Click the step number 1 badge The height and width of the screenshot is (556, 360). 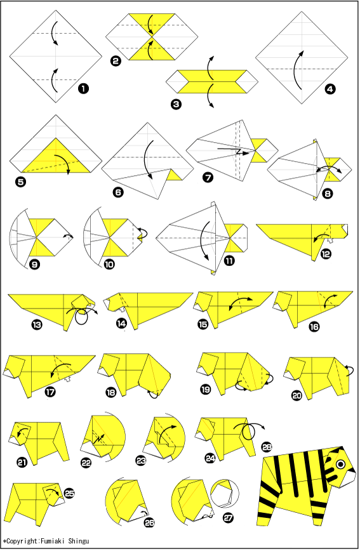tap(83, 89)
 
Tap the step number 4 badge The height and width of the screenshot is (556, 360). tap(330, 89)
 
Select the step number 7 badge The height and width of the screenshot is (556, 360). tap(208, 177)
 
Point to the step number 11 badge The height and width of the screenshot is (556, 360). tap(229, 261)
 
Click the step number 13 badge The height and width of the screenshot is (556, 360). tap(37, 324)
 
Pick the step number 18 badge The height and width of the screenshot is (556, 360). tap(110, 392)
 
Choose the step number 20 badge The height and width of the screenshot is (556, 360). tap(297, 395)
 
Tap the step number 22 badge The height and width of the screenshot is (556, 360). tap(86, 463)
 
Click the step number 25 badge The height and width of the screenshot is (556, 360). tap(69, 493)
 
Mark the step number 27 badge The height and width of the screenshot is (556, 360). tap(228, 518)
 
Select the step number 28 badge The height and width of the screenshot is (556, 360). tap(267, 447)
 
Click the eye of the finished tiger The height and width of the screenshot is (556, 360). tap(341, 465)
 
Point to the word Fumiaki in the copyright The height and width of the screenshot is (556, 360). tap(53, 541)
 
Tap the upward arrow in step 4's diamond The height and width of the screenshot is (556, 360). tap(297, 70)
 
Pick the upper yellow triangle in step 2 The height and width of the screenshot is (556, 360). tap(152, 23)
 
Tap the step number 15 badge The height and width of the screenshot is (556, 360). tap(203, 324)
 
